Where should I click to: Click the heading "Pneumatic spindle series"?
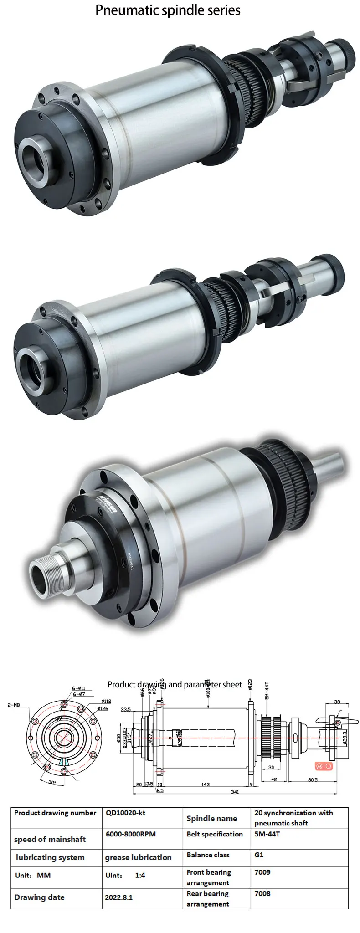(x=168, y=10)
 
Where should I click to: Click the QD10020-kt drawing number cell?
(x=125, y=812)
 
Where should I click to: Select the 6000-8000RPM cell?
(x=130, y=834)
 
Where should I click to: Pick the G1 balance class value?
(x=259, y=855)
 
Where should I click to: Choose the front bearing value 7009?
(x=262, y=872)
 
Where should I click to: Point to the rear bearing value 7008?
(x=262, y=893)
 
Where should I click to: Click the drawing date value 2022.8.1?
(x=118, y=897)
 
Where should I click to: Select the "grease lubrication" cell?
(x=138, y=857)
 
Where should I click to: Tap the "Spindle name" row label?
(x=211, y=818)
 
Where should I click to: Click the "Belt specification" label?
(x=215, y=834)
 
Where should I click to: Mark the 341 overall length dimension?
(x=235, y=792)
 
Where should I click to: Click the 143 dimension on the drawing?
(x=205, y=784)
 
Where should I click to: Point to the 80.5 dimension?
(x=312, y=779)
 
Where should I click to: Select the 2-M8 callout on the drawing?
(x=14, y=705)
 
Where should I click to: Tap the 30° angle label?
(x=52, y=782)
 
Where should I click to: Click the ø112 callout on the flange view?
(x=106, y=701)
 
